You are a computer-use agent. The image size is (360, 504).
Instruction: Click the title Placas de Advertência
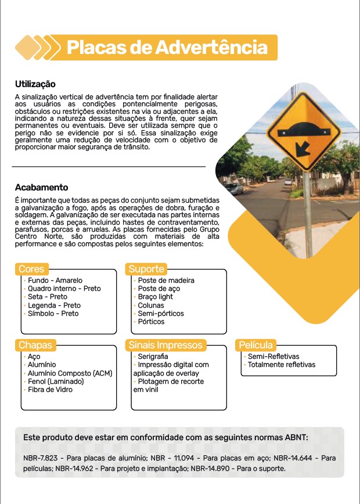pos(167,48)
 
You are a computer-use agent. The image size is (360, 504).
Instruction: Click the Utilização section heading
pos(35,84)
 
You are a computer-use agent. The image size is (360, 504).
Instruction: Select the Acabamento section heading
pos(41,188)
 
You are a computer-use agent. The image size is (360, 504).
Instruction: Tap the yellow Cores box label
pos(31,269)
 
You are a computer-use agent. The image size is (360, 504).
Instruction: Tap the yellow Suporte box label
pos(146,269)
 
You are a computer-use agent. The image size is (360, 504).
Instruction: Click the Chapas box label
pos(35,345)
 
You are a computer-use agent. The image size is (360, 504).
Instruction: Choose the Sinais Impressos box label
pos(165,345)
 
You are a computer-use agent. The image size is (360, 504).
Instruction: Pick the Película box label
pos(255,345)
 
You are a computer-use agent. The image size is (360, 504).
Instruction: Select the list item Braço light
pos(155,297)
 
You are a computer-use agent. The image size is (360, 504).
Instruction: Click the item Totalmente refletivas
pos(282,365)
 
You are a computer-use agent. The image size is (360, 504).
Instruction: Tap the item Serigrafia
pos(153,357)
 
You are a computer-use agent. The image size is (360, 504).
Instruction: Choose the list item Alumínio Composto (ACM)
pos(70,373)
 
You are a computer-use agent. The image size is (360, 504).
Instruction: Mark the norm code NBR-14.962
pos(75,468)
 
